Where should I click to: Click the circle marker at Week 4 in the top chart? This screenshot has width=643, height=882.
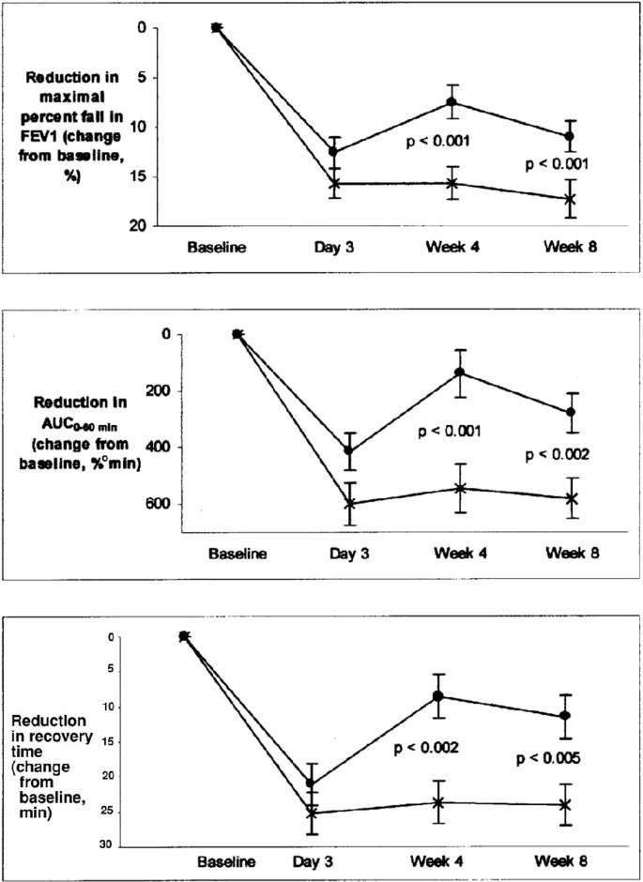pyautogui.click(x=452, y=101)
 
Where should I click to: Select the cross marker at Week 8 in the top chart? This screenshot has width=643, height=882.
pyautogui.click(x=569, y=199)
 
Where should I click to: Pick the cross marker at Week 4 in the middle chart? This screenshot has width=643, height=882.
pyautogui.click(x=460, y=488)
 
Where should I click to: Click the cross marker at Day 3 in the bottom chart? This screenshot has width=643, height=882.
pyautogui.click(x=313, y=813)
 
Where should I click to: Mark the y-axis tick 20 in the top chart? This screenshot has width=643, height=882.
pyautogui.click(x=142, y=226)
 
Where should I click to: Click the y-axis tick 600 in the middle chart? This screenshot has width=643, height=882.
pyautogui.click(x=150, y=504)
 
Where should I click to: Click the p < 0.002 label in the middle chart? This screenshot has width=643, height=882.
pyautogui.click(x=559, y=455)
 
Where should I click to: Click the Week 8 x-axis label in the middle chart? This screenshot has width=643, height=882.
pyautogui.click(x=574, y=553)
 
